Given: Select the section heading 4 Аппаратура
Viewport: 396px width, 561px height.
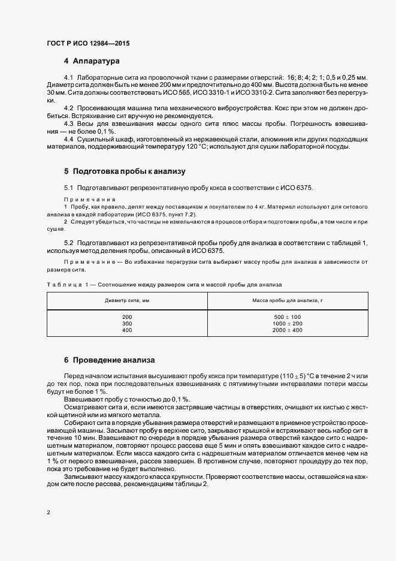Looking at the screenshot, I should click(92, 61).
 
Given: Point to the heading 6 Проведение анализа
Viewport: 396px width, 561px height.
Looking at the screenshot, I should click(110, 360).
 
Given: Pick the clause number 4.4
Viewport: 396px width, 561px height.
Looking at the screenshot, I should click(68, 140).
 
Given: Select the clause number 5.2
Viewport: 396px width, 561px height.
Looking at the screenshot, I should click(68, 242).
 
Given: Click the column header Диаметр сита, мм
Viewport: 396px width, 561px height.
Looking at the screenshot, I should click(126, 300).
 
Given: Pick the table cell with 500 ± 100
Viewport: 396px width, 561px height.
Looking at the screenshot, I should click(287, 316).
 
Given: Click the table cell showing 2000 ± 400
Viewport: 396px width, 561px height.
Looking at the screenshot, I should click(287, 330).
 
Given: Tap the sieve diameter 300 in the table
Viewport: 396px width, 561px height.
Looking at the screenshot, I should click(126, 324).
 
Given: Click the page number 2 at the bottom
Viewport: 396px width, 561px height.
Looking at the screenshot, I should click(48, 512).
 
